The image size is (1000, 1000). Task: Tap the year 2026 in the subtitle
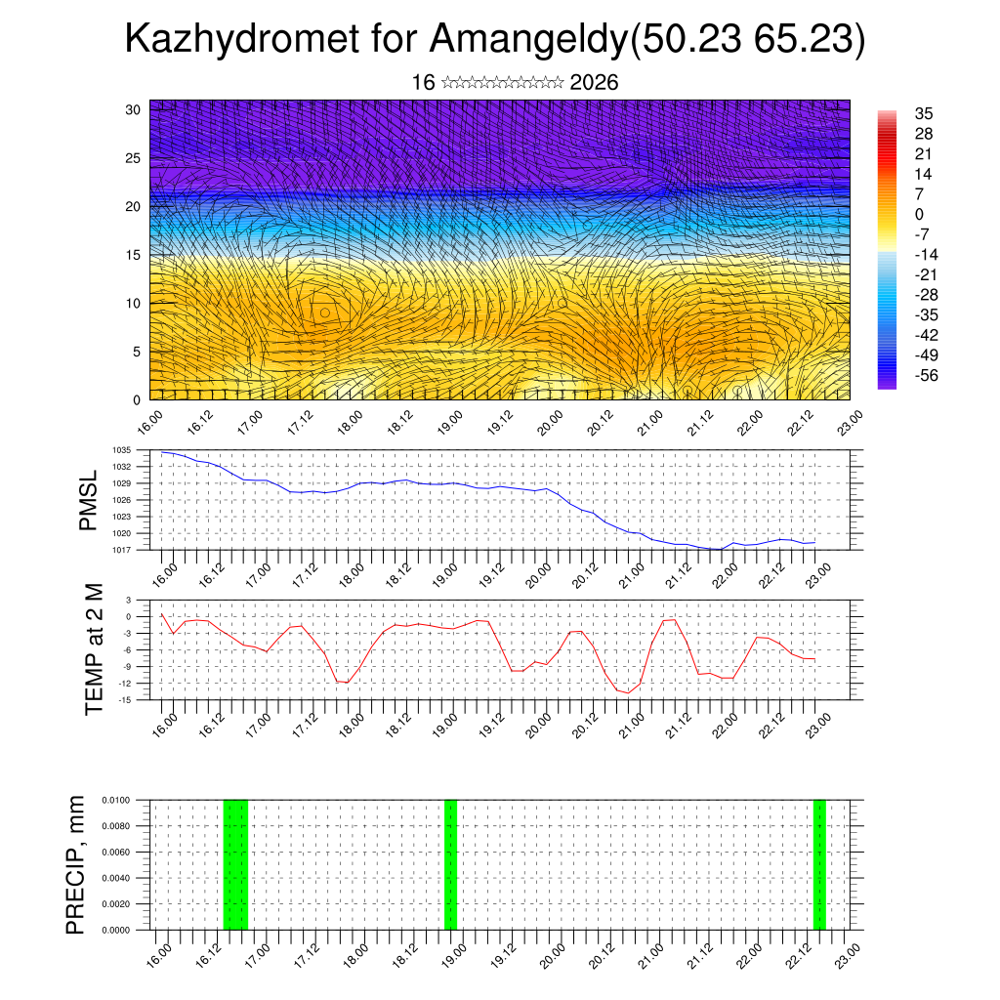pyautogui.click(x=594, y=83)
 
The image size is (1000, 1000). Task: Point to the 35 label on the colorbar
pyautogui.click(x=924, y=113)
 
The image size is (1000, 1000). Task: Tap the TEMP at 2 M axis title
pyautogui.click(x=94, y=648)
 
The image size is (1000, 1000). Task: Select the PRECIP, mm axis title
pyautogui.click(x=75, y=864)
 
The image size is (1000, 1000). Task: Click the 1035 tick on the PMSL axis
pyautogui.click(x=122, y=450)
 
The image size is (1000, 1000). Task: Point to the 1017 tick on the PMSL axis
pyautogui.click(x=122, y=550)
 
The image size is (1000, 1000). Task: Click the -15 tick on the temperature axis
pyautogui.click(x=125, y=699)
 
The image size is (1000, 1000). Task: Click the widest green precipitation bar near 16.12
pyautogui.click(x=235, y=864)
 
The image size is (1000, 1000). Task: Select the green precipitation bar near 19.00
pyautogui.click(x=450, y=864)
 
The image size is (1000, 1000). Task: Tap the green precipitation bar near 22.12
pyautogui.click(x=819, y=864)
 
